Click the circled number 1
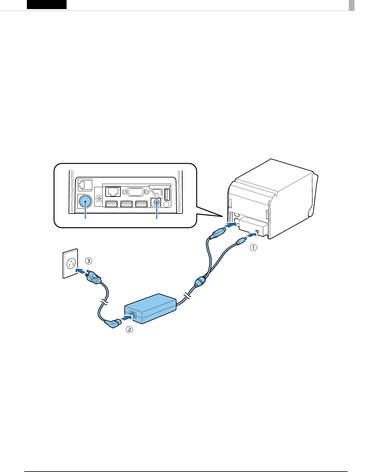click(x=253, y=247)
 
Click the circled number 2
click(x=129, y=329)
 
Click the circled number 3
click(x=89, y=261)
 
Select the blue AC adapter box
click(x=150, y=308)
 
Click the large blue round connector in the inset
click(x=85, y=202)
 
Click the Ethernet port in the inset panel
click(x=113, y=191)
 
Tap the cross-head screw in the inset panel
click(x=99, y=198)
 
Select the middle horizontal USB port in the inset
click(x=126, y=204)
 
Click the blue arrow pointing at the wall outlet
click(x=81, y=270)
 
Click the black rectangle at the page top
click(x=47, y=4)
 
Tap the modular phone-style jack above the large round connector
click(x=85, y=185)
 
